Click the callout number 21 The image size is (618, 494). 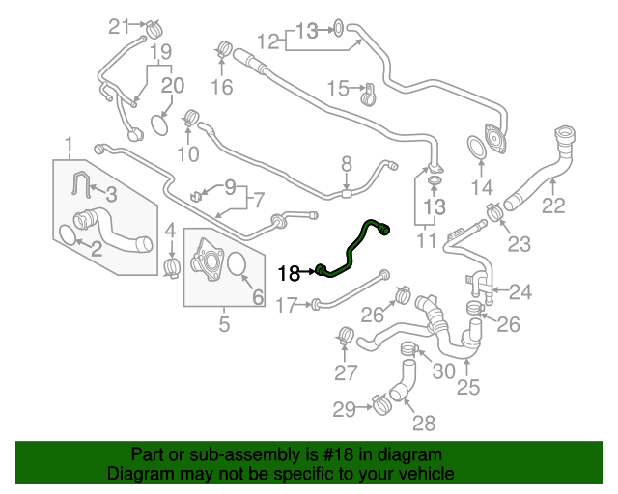(118, 25)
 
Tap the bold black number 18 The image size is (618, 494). (288, 273)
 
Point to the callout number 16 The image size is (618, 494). (222, 87)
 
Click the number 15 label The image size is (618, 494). (337, 90)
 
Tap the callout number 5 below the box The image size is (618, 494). (224, 325)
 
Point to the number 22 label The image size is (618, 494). (553, 205)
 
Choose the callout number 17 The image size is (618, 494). (286, 306)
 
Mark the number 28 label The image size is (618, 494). (423, 423)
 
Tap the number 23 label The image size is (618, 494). (519, 245)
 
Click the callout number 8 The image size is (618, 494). (347, 165)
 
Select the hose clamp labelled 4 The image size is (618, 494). (173, 262)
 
